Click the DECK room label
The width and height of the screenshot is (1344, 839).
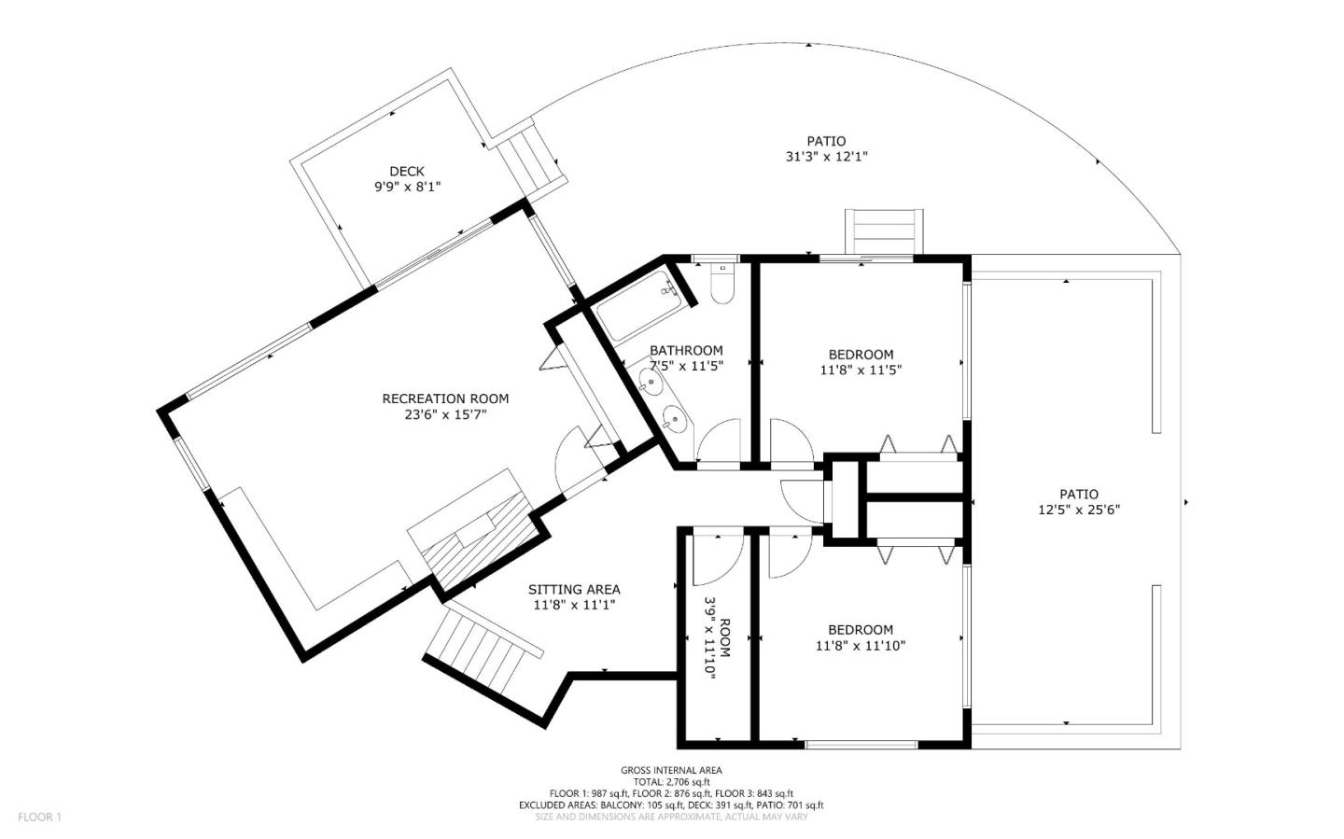click(x=406, y=171)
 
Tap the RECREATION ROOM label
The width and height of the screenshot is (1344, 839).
click(x=445, y=399)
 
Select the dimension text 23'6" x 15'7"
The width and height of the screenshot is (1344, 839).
click(x=445, y=414)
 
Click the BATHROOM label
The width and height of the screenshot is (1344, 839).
click(x=686, y=351)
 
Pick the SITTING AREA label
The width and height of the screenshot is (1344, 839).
click(x=574, y=589)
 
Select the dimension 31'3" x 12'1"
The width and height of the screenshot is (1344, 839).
click(x=826, y=157)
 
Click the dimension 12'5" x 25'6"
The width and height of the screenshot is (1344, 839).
click(x=1078, y=510)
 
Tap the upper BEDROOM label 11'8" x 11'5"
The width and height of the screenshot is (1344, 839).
click(x=861, y=354)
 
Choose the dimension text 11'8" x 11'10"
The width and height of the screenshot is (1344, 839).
click(x=861, y=645)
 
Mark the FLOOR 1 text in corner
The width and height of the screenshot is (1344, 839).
click(x=39, y=818)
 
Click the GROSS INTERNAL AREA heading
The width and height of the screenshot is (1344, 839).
click(x=671, y=770)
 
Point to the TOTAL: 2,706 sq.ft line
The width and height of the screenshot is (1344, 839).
click(x=671, y=782)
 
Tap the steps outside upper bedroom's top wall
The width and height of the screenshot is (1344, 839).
click(x=884, y=231)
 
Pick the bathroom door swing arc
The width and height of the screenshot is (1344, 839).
click(x=719, y=440)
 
